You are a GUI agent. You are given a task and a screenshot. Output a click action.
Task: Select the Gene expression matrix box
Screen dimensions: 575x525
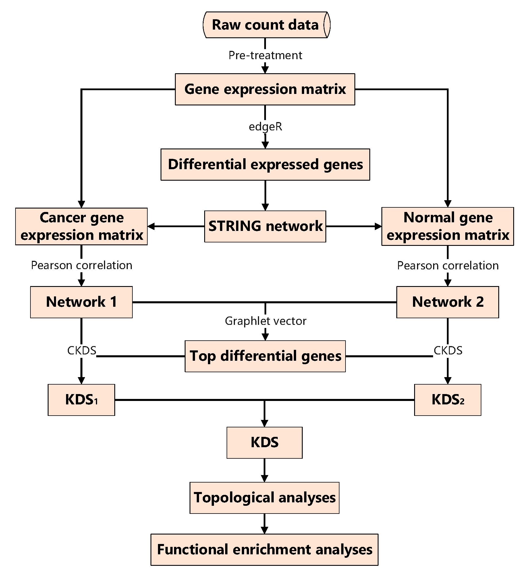pos(265,89)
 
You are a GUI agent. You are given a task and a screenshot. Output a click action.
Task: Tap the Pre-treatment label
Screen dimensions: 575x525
pos(265,55)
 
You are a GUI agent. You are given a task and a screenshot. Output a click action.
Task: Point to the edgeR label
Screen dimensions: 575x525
pos(265,126)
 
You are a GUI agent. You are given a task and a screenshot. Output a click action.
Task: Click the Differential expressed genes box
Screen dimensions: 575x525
pos(265,165)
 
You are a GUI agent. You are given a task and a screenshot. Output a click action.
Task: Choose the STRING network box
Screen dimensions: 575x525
pos(265,226)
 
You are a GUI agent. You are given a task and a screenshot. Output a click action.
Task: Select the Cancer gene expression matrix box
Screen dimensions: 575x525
pos(81,226)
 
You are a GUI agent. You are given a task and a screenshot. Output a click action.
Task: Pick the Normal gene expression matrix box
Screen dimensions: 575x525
pos(447,226)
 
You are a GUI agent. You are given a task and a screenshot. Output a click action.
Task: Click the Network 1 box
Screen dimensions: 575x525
pos(81,302)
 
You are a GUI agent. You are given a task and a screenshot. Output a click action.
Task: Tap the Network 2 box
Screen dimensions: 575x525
pos(447,302)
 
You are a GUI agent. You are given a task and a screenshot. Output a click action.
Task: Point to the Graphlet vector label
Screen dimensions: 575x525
pos(265,321)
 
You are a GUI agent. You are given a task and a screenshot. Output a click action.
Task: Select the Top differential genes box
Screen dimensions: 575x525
pos(265,356)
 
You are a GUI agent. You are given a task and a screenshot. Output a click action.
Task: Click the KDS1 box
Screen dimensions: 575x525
pos(81,400)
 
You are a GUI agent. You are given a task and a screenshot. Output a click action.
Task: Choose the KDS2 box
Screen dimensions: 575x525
pos(447,400)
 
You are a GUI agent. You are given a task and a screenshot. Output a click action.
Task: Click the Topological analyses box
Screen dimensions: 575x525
pos(264,498)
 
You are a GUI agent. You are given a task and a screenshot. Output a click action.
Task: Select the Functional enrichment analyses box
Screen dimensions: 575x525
pos(264,549)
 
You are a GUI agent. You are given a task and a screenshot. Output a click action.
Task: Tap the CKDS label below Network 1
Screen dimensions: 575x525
pos(81,350)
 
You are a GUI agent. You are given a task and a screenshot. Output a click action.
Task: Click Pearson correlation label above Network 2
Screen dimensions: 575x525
pos(447,265)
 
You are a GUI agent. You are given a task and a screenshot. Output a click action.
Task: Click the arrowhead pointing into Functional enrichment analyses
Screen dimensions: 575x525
pos(264,530)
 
